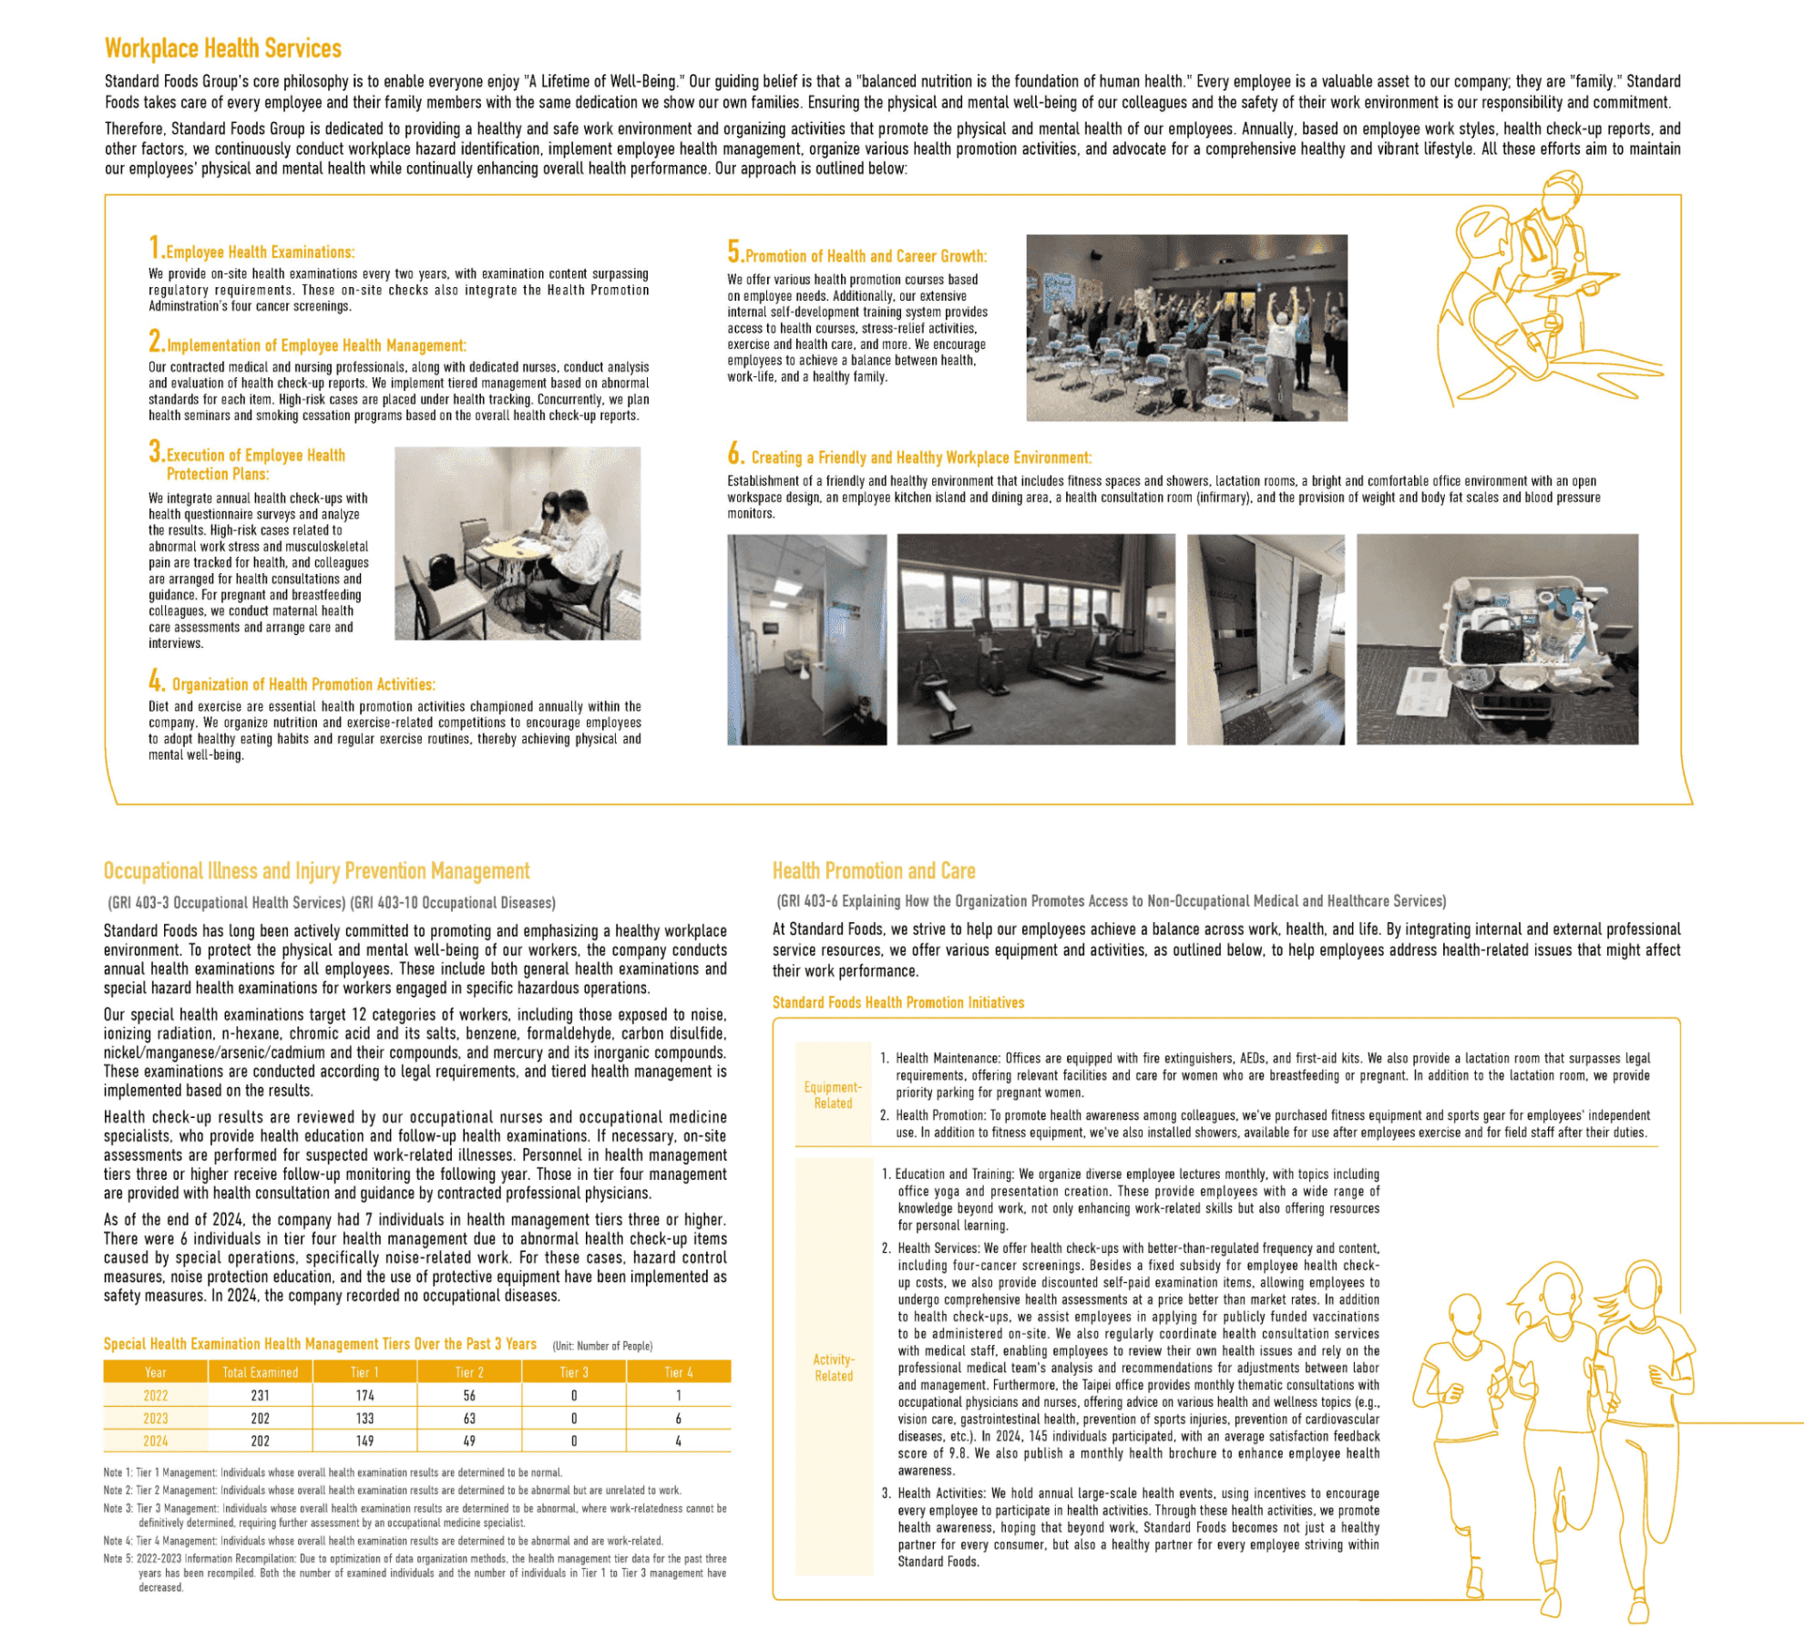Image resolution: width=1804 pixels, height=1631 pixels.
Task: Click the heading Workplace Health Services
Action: click(223, 48)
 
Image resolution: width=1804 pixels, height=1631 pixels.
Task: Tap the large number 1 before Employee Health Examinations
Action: click(155, 247)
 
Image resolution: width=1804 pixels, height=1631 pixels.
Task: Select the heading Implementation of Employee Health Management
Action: click(316, 345)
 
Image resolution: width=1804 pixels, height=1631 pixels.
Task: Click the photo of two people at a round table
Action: click(518, 543)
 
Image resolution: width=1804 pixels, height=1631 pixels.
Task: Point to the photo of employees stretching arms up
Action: click(1186, 328)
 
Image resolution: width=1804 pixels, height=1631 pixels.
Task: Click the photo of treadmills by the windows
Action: click(1036, 639)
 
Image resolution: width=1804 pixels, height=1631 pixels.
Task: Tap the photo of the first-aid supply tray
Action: click(1497, 639)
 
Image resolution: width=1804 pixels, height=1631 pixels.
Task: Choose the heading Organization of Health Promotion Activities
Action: click(303, 684)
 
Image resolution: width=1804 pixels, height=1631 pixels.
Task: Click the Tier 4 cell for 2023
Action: click(678, 1419)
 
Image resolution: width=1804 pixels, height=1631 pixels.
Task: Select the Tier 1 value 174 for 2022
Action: click(364, 1396)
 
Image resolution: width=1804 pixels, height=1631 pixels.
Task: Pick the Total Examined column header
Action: click(260, 1372)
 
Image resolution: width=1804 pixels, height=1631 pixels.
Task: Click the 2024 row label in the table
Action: click(156, 1441)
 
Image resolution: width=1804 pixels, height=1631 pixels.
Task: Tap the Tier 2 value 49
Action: click(469, 1441)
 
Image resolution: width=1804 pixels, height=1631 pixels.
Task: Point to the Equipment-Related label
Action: click(833, 1095)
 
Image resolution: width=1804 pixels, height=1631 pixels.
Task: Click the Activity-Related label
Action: click(834, 1368)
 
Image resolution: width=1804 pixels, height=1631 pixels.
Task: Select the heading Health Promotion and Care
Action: click(874, 871)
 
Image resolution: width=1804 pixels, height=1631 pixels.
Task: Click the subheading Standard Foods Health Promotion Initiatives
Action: click(898, 1002)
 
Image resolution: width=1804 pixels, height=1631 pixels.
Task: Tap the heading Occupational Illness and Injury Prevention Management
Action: click(316, 871)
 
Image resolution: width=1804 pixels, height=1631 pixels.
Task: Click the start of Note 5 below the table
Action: click(118, 1559)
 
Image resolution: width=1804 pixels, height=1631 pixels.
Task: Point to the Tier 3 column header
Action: click(574, 1372)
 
